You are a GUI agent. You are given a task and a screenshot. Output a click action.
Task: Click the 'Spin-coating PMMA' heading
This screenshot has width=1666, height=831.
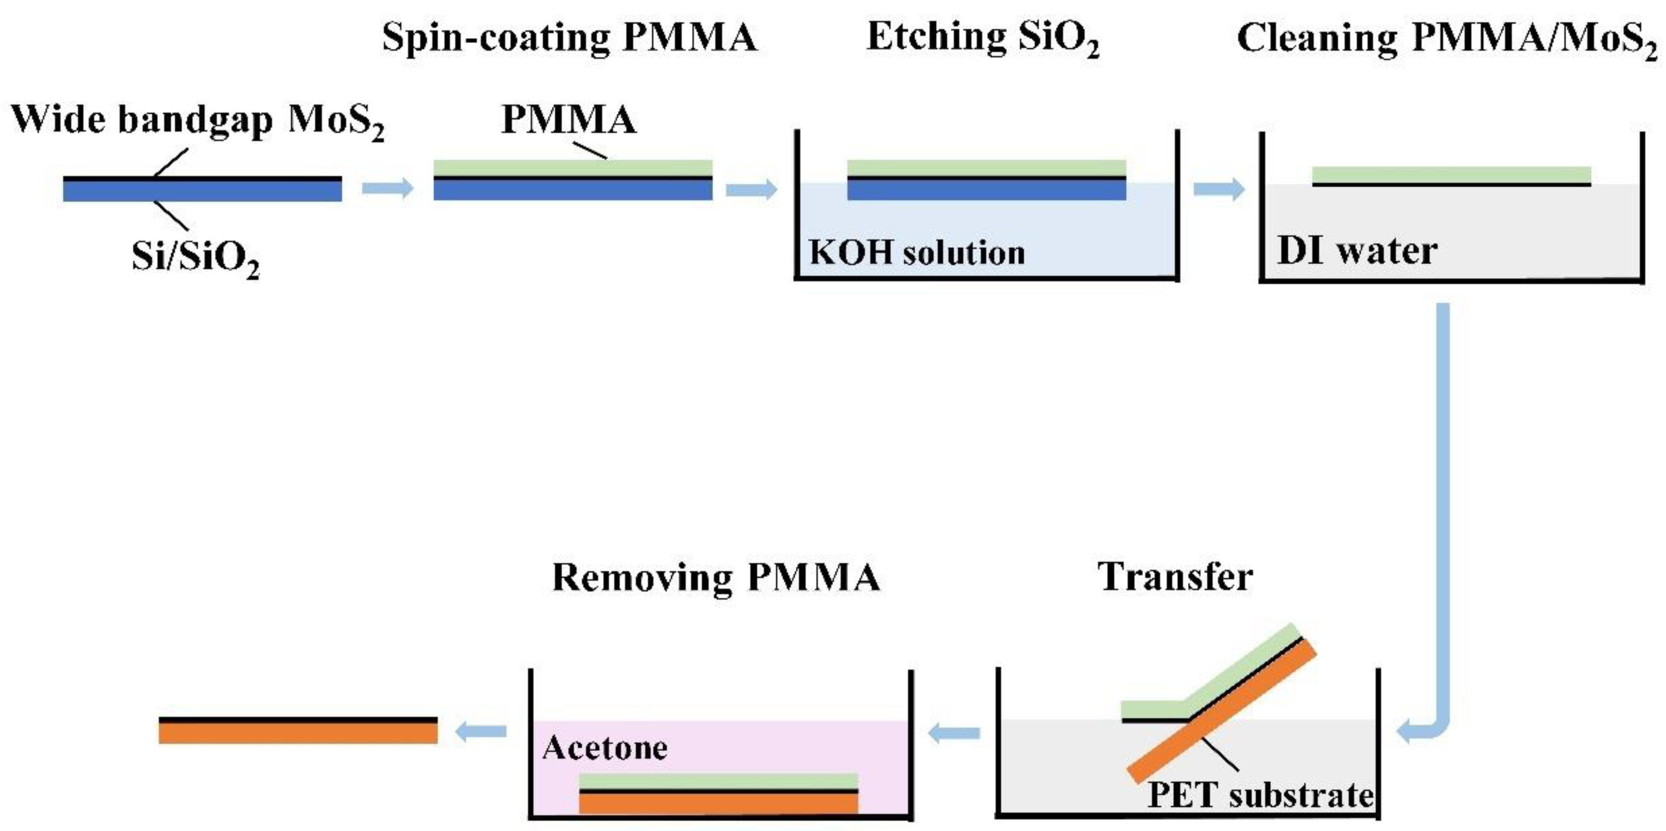(x=569, y=37)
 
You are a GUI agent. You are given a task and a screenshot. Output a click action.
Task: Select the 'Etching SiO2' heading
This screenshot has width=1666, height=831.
(x=982, y=37)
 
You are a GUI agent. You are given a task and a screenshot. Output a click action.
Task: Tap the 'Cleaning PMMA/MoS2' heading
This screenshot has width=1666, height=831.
(x=1447, y=38)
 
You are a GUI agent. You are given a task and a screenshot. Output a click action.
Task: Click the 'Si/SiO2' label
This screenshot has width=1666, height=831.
(x=195, y=257)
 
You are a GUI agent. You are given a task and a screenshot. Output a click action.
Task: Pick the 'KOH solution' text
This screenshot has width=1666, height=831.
(x=917, y=252)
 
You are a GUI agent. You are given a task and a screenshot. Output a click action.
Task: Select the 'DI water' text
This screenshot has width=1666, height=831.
(x=1357, y=251)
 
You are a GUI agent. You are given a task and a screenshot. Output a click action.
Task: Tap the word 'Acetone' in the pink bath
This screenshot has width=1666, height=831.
(x=605, y=748)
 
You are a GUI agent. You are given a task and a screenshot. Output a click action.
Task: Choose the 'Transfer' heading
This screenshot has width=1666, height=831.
(x=1175, y=577)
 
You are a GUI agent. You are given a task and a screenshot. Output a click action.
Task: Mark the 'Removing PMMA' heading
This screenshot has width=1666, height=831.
(x=716, y=577)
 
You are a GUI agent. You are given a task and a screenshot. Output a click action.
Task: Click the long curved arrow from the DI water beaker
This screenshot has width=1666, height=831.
(x=1443, y=517)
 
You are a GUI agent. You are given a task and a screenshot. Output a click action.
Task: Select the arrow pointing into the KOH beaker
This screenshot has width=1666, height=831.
(x=751, y=189)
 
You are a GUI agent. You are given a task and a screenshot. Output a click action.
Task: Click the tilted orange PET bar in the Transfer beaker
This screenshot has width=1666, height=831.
(x=1222, y=711)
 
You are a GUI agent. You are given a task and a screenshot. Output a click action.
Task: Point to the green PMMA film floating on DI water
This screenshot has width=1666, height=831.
(x=1451, y=174)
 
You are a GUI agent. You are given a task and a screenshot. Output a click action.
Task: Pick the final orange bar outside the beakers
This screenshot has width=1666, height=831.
(x=298, y=733)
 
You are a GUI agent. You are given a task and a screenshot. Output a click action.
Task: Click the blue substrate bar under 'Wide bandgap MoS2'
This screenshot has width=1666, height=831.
(x=203, y=190)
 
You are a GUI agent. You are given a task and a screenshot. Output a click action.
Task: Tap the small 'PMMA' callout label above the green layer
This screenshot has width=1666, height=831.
(x=569, y=120)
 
